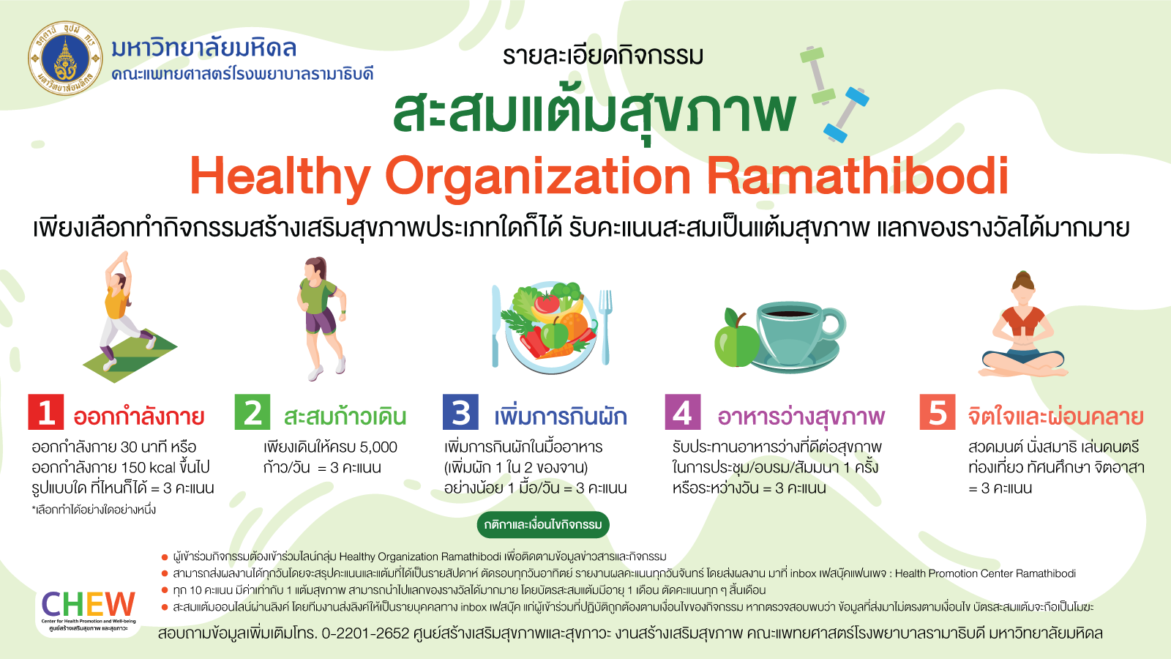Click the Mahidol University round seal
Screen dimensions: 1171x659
[x=65, y=58]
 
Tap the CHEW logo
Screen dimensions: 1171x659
[x=89, y=611]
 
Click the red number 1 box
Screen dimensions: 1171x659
[x=46, y=412]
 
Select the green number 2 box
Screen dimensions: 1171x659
[x=252, y=412]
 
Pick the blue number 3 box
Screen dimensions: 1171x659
[x=460, y=412]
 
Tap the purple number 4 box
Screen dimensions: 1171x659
[x=683, y=412]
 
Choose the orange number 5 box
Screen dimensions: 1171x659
[x=938, y=412]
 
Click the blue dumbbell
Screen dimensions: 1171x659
[x=846, y=114]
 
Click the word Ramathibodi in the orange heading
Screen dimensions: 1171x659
[x=857, y=176]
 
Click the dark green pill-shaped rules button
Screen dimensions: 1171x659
[x=542, y=524]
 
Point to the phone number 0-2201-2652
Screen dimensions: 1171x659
[x=365, y=633]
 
